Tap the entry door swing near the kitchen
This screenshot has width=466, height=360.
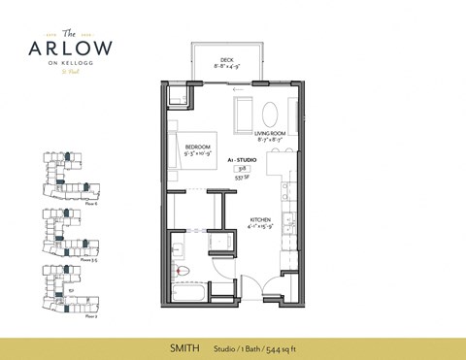pos(252,283)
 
